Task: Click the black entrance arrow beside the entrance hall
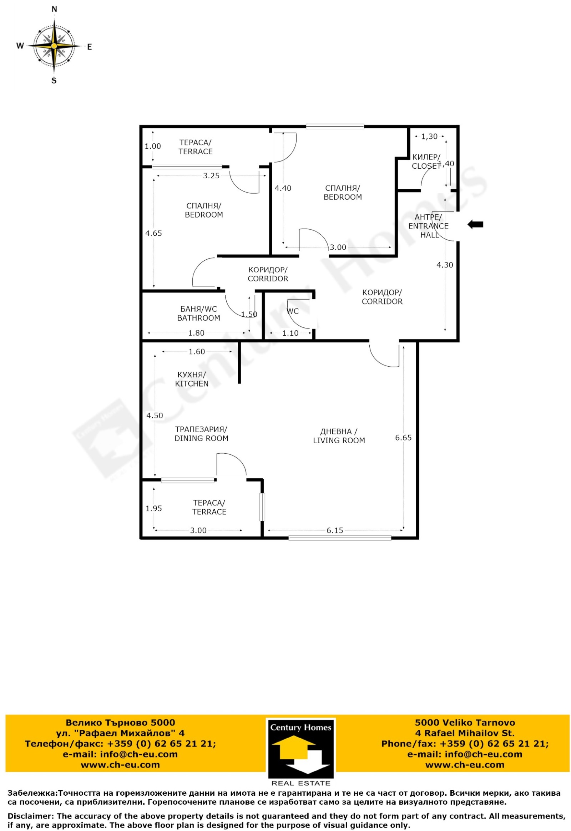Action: pos(475,225)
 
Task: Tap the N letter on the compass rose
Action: pos(54,9)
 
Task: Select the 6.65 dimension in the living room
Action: pos(403,437)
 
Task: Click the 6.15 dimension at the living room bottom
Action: pos(334,530)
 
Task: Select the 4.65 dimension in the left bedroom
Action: pos(153,233)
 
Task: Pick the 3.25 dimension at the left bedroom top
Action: pos(211,176)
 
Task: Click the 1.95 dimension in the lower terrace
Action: pos(153,508)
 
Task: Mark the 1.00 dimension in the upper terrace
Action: pos(153,146)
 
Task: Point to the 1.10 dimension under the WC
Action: pos(290,333)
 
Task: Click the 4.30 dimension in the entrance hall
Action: pos(445,265)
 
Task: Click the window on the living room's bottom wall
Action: pos(339,537)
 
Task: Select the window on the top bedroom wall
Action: pos(335,126)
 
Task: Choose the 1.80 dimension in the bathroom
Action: pos(196,333)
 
